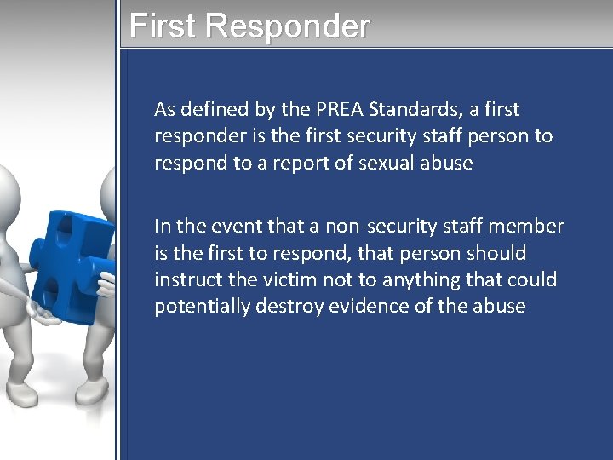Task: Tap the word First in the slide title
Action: point(163,26)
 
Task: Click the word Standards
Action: point(415,109)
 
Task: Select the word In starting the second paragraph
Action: point(162,227)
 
